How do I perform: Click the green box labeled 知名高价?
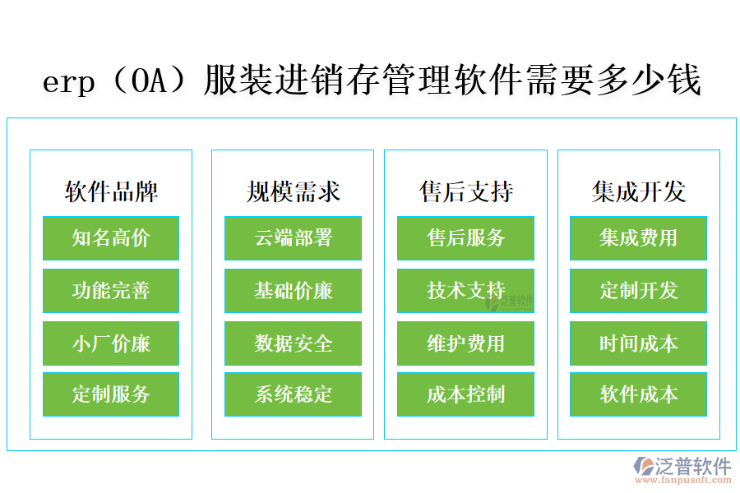pyautogui.click(x=111, y=238)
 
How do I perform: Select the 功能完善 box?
pyautogui.click(x=111, y=291)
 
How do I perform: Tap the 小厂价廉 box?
pyautogui.click(x=111, y=343)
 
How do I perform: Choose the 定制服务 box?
pyautogui.click(x=111, y=394)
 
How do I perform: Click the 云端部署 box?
pyautogui.click(x=293, y=238)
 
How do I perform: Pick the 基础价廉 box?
pyautogui.click(x=293, y=291)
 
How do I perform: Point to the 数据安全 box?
pyautogui.click(x=293, y=343)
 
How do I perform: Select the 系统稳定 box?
pyautogui.click(x=293, y=394)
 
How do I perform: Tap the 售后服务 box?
pyautogui.click(x=465, y=238)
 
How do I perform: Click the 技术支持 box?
pyautogui.click(x=465, y=291)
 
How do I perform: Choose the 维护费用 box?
pyautogui.click(x=465, y=343)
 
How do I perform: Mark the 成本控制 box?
pyautogui.click(x=465, y=394)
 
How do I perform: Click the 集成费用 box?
pyautogui.click(x=638, y=238)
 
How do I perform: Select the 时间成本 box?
pyautogui.click(x=638, y=343)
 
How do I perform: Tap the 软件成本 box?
pyautogui.click(x=638, y=394)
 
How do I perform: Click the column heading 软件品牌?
pyautogui.click(x=111, y=192)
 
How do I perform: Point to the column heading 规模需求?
pyautogui.click(x=293, y=192)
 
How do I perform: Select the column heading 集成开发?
pyautogui.click(x=638, y=192)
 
